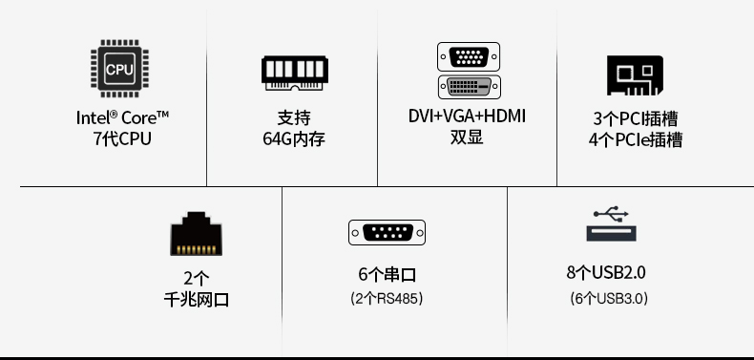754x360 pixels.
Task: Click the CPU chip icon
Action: tap(119, 69)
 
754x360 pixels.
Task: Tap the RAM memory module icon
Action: tap(295, 73)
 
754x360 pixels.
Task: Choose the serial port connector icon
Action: tap(387, 232)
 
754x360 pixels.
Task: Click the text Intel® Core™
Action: tap(123, 117)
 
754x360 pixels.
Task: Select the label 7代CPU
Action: tap(123, 138)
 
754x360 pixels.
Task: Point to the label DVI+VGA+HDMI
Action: tap(467, 116)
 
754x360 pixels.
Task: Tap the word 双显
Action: tap(467, 138)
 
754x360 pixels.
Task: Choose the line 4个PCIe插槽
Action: tap(635, 140)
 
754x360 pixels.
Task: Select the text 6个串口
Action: tap(387, 275)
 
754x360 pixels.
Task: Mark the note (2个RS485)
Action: tap(387, 299)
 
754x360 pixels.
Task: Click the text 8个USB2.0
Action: tap(606, 273)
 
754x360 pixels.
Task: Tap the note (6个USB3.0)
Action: tap(608, 298)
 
